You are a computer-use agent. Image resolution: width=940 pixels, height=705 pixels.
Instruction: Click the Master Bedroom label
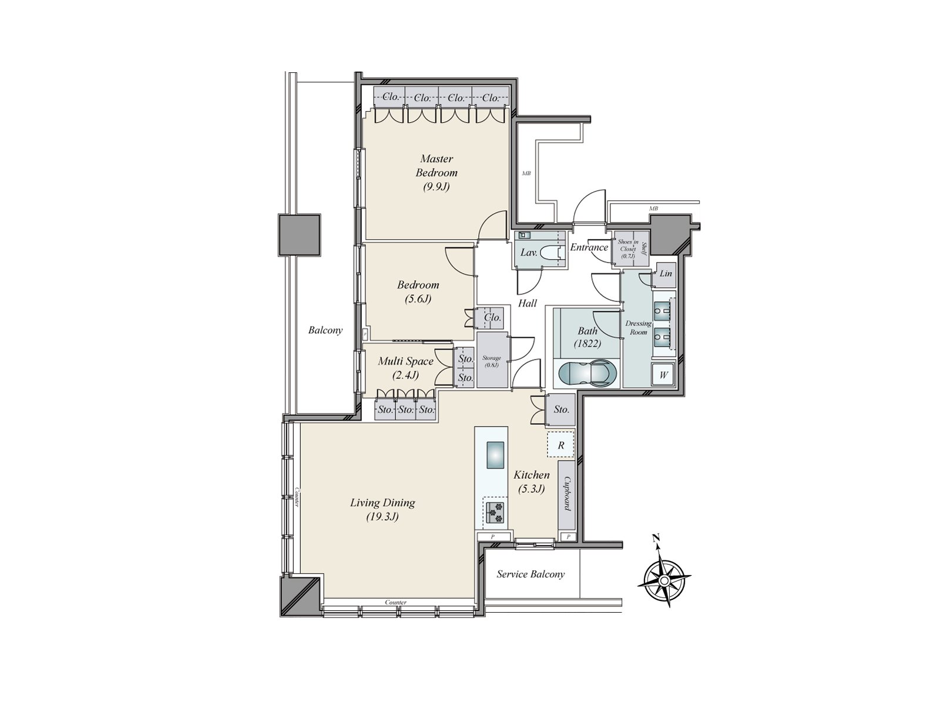click(437, 173)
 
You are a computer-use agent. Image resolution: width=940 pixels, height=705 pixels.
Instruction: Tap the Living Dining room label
click(382, 509)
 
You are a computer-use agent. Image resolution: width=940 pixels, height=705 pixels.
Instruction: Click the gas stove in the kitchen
click(495, 513)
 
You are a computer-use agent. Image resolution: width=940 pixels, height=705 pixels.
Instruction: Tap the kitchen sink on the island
click(495, 455)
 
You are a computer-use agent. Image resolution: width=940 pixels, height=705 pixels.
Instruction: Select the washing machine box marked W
click(663, 375)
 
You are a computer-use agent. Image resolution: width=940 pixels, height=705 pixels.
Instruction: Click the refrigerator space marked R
click(560, 445)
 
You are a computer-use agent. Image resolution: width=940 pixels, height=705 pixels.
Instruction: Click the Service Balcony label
click(531, 575)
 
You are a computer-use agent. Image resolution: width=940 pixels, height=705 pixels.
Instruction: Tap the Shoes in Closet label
click(628, 249)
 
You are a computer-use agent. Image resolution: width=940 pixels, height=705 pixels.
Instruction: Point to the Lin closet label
click(666, 273)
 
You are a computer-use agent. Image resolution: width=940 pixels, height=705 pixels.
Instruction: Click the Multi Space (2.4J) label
click(405, 368)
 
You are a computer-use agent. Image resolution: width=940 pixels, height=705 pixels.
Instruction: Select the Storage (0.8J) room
click(492, 360)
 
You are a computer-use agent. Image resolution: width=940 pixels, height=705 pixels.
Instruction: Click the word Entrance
click(589, 247)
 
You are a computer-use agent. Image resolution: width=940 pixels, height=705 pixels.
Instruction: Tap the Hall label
click(527, 304)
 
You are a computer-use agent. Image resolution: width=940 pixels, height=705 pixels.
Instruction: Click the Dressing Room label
click(638, 327)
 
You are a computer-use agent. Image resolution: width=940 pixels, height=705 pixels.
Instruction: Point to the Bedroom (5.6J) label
click(418, 291)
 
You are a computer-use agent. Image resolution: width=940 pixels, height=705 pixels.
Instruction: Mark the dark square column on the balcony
click(300, 236)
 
